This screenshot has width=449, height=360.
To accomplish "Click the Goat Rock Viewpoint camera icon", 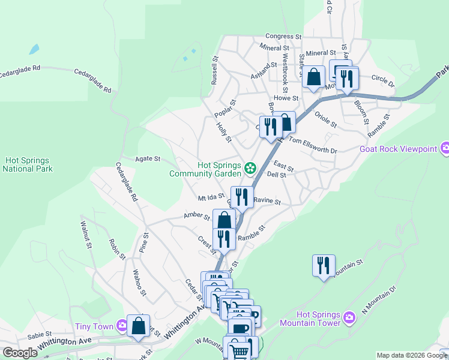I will [x=445, y=148].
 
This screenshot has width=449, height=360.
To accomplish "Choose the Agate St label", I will [x=148, y=159].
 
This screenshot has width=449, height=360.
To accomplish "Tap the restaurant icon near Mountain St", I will [x=324, y=265].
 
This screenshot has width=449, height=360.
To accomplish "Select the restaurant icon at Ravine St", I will [x=242, y=196].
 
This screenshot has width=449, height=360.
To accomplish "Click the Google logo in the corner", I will [x=20, y=353].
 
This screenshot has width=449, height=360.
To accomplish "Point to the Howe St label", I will [x=286, y=98].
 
